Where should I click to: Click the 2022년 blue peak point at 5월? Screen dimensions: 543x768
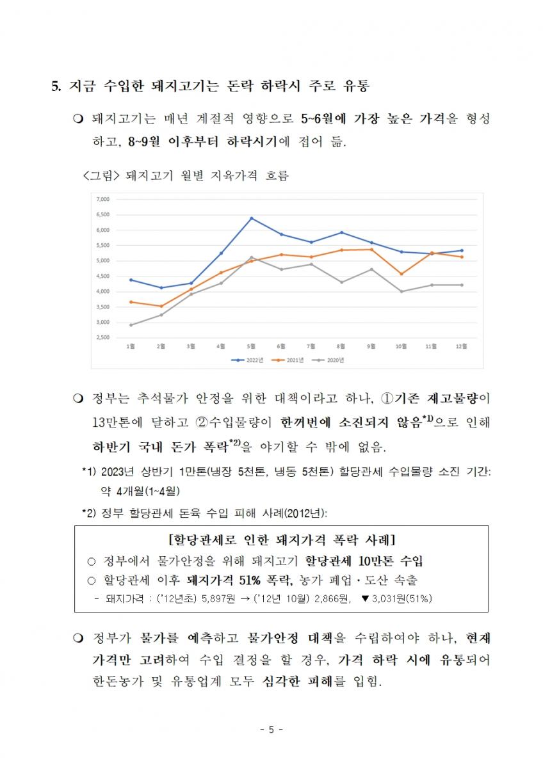252,218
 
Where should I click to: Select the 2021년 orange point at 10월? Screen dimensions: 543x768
401,274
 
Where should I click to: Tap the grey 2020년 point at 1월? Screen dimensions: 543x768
131,324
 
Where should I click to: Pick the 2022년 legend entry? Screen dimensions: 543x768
247,360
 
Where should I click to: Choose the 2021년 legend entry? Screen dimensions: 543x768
288,360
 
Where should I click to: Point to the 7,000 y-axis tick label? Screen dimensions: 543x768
103,199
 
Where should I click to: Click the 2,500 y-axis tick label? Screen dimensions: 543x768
103,337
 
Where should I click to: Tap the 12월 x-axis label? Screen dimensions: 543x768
461,346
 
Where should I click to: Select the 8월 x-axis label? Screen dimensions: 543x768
341,346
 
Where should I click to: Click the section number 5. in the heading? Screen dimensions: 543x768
56,86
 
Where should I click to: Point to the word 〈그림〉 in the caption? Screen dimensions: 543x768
101,175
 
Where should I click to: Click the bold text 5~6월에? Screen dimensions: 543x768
323,118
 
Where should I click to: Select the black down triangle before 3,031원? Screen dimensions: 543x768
365,598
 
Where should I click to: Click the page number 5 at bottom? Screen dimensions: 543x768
271,729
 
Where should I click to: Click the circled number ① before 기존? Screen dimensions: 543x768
387,398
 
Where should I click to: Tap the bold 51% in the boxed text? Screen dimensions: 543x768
250,580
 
